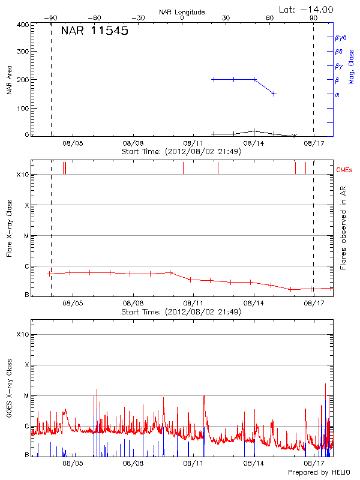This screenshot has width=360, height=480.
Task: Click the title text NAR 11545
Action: [94, 31]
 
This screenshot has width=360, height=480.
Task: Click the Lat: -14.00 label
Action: [307, 9]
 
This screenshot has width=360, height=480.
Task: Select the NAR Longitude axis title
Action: [182, 11]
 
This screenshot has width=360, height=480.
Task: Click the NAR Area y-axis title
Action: [9, 80]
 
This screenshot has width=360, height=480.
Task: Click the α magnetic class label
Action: [337, 94]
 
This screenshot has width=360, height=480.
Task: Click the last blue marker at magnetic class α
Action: [274, 94]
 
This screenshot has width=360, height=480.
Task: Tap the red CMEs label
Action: [345, 170]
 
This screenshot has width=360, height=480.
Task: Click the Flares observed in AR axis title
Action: [343, 227]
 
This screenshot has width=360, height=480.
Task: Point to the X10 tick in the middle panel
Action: [23, 175]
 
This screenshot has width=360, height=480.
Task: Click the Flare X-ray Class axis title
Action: [9, 227]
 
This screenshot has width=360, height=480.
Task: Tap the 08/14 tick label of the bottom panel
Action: [254, 463]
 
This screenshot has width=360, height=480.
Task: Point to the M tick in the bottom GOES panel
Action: [26, 396]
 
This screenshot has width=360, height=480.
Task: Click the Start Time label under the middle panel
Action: [181, 312]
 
